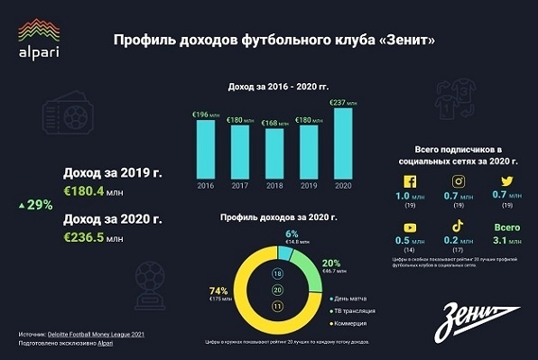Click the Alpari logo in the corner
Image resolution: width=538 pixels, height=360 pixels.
38,40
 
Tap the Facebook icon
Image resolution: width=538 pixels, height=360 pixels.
410,182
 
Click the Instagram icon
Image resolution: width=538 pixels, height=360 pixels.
459,182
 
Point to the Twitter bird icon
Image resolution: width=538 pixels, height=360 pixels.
507,182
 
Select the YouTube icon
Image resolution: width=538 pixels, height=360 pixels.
410,228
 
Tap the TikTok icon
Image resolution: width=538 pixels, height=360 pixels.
459,228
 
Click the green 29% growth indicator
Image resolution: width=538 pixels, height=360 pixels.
36,205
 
